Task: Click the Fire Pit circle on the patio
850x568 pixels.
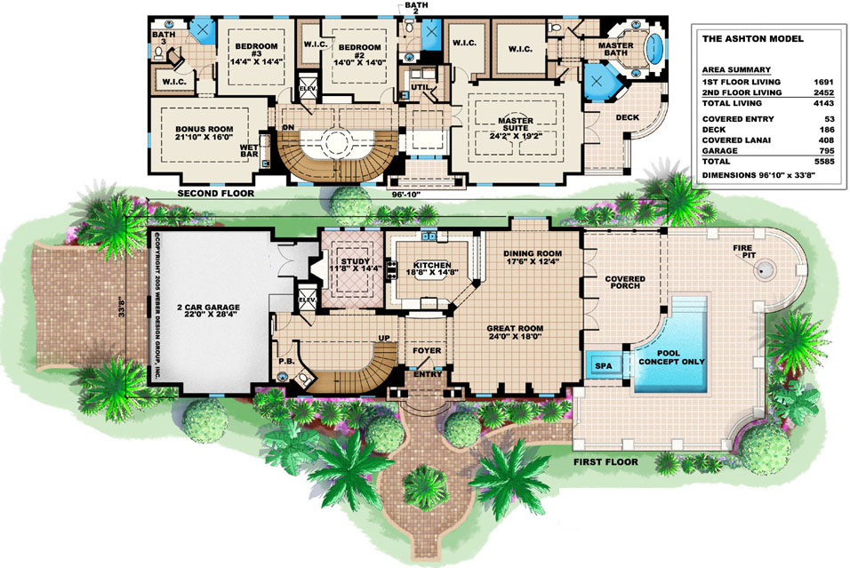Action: (x=765, y=269)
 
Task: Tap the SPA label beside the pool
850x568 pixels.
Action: (x=604, y=366)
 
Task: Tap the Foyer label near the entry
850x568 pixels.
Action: (x=427, y=350)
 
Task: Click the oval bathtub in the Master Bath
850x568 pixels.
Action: (x=654, y=46)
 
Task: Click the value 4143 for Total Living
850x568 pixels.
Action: (x=823, y=103)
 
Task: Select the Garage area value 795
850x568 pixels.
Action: (x=826, y=151)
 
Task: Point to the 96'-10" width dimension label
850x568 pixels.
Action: (x=406, y=193)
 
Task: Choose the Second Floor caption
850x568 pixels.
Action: (x=216, y=193)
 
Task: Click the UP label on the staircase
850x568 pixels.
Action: (x=384, y=338)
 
